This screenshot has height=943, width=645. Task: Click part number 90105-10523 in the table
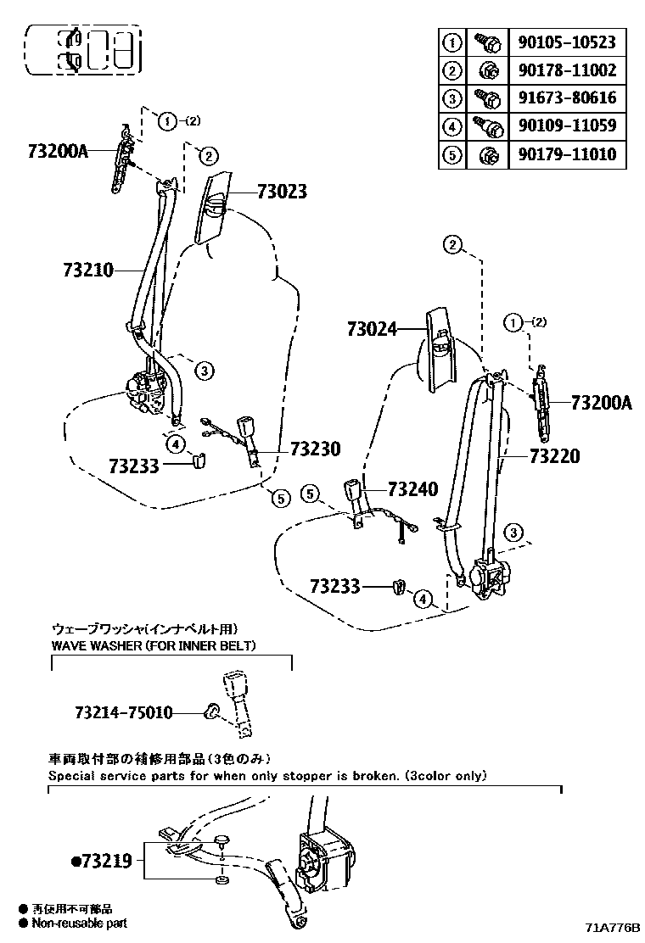pos(566,42)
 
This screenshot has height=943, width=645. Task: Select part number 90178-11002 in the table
pos(566,70)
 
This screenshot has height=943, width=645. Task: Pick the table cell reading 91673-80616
pos(566,98)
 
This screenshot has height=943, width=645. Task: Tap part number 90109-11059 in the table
pos(566,126)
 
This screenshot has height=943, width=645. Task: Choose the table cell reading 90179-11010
pos(566,154)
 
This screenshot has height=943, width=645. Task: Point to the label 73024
pos(373,328)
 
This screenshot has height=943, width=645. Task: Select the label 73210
pos(87,271)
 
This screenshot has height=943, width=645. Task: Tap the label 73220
pos(554,456)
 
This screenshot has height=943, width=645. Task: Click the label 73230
pos(316,449)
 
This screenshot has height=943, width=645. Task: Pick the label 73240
pos(412,489)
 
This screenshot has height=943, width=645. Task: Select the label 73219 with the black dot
pos(102,861)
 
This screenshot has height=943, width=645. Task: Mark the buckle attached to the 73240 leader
pos(354,493)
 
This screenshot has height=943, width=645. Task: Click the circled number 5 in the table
pos(452,154)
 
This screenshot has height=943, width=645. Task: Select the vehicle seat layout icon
pos(83,49)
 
